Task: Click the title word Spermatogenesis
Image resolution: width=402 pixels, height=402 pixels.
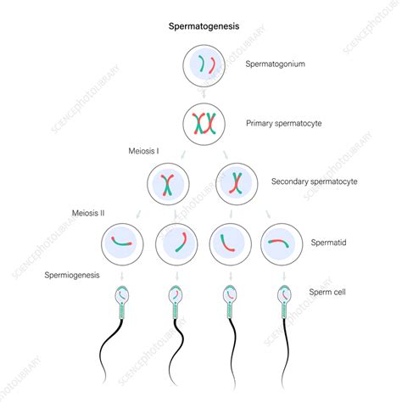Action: tap(201, 26)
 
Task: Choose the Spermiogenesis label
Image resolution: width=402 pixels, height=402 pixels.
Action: tap(79, 274)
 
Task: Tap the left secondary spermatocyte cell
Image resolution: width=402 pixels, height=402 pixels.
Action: tap(168, 181)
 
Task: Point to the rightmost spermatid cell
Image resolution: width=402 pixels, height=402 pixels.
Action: tap(280, 243)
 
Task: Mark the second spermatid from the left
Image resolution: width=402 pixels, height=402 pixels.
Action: tap(176, 243)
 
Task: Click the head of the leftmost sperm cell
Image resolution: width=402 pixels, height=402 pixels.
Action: tap(123, 296)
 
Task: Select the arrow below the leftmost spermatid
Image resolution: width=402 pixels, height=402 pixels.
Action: tap(123, 275)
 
